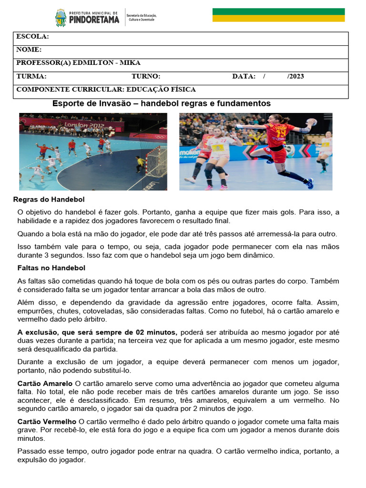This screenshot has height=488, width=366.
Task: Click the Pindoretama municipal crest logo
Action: click(x=61, y=18)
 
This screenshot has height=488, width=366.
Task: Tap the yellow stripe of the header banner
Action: click(x=278, y=18)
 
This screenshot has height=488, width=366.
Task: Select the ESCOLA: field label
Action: click(x=32, y=37)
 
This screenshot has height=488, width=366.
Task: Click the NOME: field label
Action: click(x=29, y=50)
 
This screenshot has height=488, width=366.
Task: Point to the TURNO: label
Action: click(x=146, y=76)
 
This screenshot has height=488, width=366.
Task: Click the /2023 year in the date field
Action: click(x=295, y=76)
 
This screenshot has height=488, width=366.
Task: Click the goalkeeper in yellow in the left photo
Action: click(x=140, y=163)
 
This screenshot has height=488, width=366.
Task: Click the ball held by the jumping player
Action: click(x=312, y=122)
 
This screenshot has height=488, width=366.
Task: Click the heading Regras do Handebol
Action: click(x=49, y=199)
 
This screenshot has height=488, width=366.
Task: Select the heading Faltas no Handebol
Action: click(x=51, y=268)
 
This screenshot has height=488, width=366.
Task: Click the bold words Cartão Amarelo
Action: click(x=45, y=384)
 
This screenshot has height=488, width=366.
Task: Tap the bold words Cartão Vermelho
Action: click(x=47, y=422)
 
